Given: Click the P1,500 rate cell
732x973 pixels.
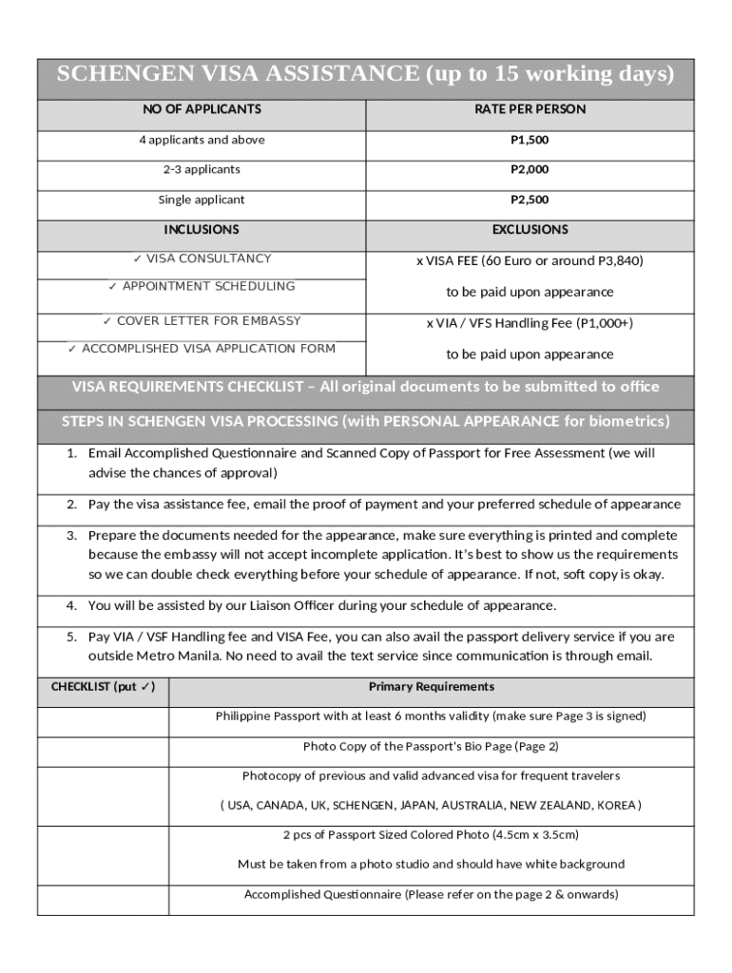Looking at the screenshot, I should [530, 140].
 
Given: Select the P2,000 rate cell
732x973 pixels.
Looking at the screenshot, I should [530, 169].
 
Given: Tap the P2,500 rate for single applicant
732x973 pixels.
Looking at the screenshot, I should [530, 200].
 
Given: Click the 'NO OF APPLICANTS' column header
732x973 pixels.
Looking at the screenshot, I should [202, 109].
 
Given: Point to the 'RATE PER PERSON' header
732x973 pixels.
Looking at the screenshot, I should [530, 109].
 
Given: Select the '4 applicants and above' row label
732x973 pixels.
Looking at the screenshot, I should [202, 140].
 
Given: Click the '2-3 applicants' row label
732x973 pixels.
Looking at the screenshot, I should [202, 169].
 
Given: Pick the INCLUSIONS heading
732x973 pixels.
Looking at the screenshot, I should [202, 229].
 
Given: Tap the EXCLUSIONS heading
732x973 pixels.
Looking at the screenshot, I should [530, 229].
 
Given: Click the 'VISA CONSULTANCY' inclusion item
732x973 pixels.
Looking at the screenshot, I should [202, 258].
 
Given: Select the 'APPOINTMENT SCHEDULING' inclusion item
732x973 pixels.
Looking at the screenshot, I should [202, 286].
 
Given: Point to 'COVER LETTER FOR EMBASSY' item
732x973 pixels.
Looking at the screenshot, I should [202, 321].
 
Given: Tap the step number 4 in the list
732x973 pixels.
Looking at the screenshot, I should [71, 605].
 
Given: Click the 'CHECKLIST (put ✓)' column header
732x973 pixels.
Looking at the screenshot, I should [103, 686].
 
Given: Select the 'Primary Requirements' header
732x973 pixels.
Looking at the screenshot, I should [432, 686].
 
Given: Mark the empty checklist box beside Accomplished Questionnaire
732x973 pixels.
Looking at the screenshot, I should [103, 898].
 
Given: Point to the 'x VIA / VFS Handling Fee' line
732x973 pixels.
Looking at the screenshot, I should [530, 323].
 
